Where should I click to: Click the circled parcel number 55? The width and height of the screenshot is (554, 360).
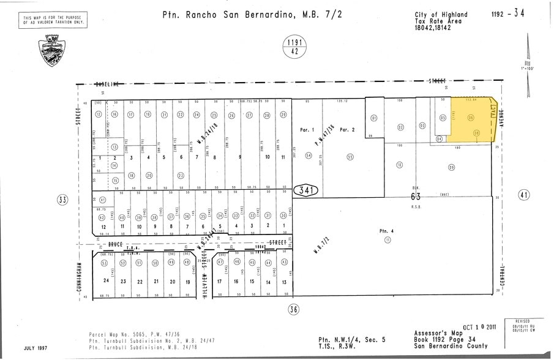[350, 157]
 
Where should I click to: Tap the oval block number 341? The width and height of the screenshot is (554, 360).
[307, 190]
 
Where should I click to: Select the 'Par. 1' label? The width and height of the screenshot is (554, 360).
[307, 130]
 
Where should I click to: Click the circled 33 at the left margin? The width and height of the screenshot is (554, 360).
[62, 200]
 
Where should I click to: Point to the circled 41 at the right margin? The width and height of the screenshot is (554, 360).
[524, 195]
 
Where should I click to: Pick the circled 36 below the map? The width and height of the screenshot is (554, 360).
[294, 309]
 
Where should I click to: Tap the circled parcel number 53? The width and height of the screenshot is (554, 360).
[105, 263]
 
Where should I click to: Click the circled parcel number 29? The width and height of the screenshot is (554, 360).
[283, 115]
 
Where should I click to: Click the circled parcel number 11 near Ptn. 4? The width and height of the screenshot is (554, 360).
[387, 239]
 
